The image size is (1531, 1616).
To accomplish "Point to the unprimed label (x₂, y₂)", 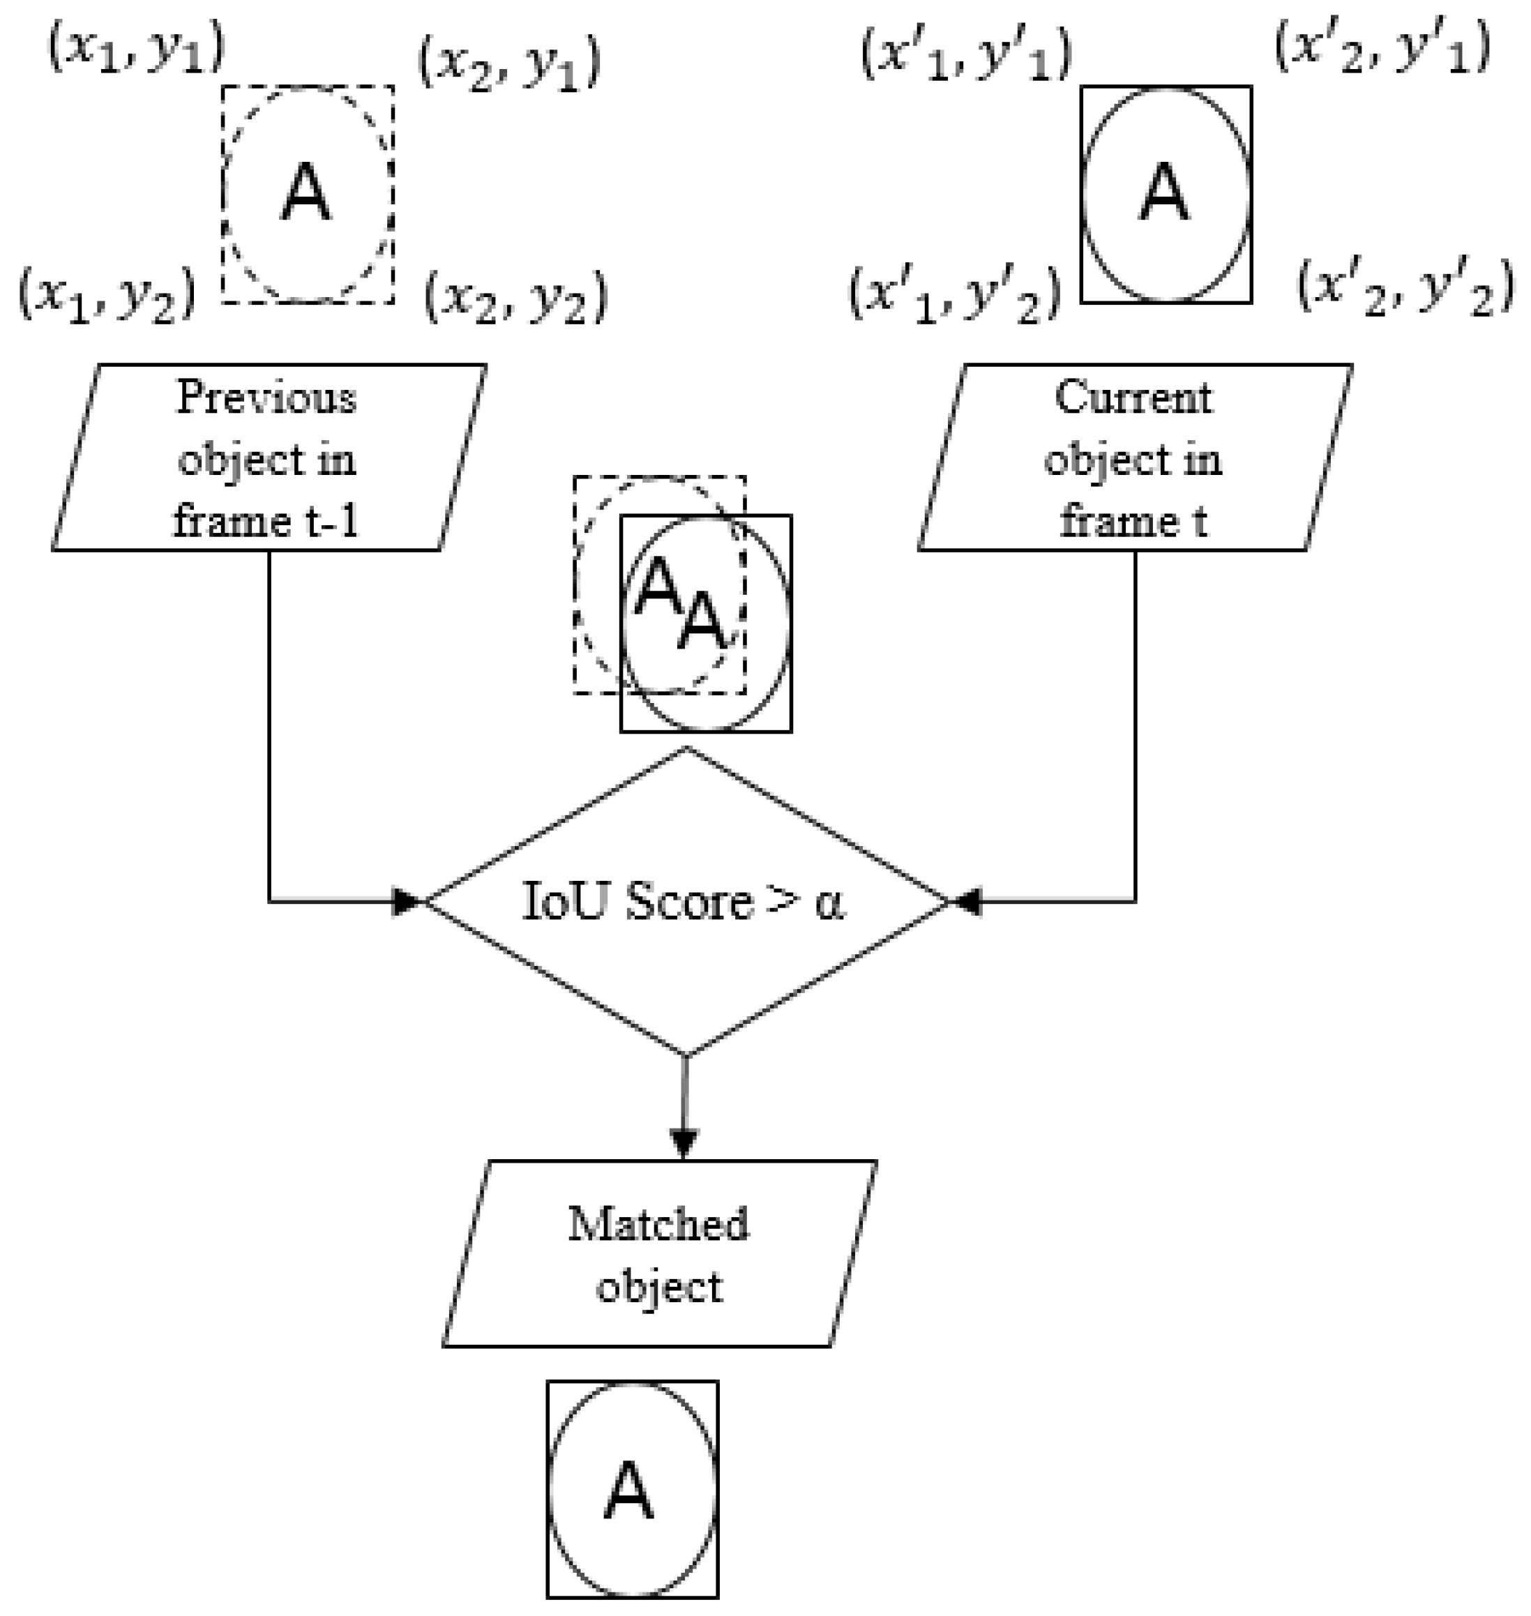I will pos(515,297).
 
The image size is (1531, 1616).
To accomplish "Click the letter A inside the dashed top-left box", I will pos(306,193).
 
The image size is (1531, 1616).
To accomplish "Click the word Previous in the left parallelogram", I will pos(267,399).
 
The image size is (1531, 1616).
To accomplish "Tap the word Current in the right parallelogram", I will pos(1133,398).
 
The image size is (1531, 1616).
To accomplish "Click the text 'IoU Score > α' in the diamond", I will pos(684,903).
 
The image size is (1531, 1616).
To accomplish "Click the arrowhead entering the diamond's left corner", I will pos(407,901).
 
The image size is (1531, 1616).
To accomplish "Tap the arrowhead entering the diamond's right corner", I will pos(966,901).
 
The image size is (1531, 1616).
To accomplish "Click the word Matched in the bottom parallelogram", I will pos(658,1224).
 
